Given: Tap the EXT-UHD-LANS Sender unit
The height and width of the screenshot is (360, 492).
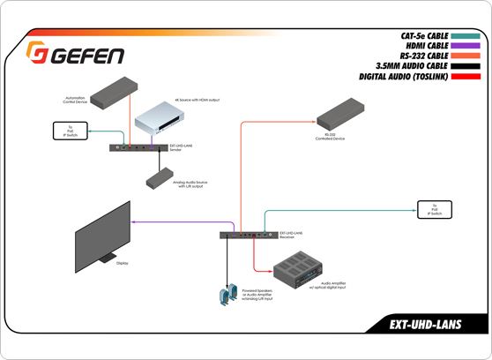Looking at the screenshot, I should click(x=137, y=147).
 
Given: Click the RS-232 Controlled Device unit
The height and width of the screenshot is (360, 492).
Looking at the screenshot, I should click(x=343, y=113).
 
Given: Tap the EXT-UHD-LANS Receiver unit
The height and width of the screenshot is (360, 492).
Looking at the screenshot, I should click(x=248, y=236).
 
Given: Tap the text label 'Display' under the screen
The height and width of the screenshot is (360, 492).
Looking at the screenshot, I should click(x=123, y=263).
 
